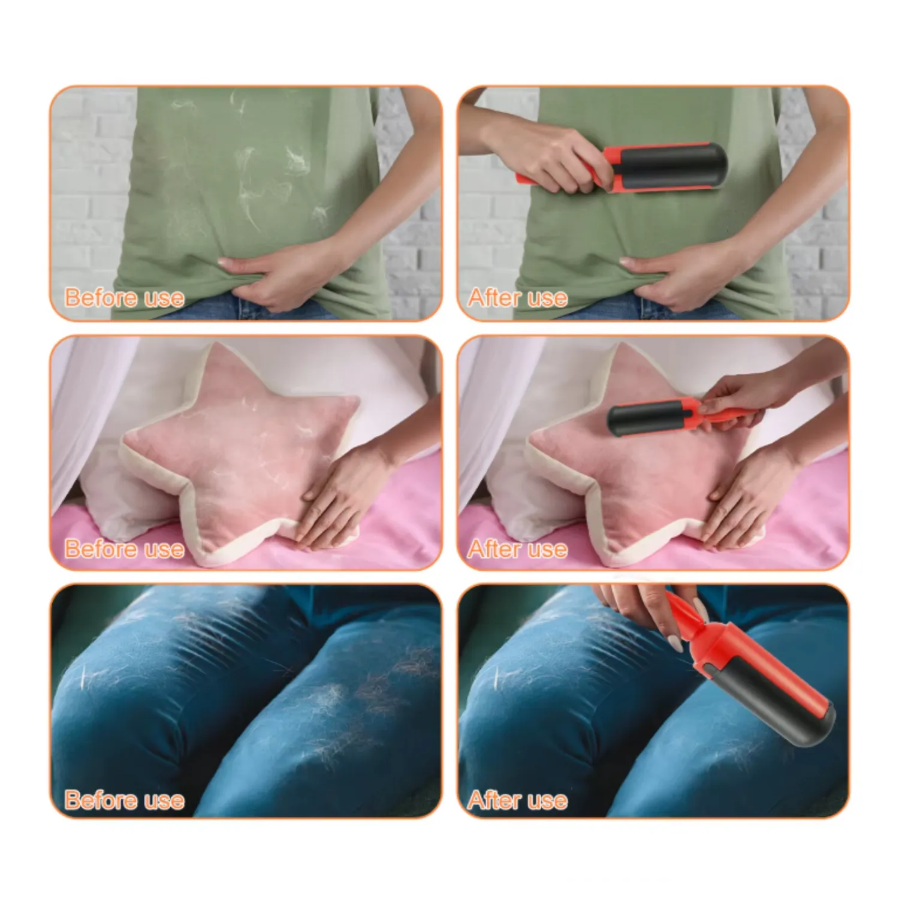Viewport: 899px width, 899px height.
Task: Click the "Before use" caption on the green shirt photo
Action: (124, 298)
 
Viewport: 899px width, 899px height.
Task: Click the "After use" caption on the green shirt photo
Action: (517, 298)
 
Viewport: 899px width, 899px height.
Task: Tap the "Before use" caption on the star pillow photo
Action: (124, 549)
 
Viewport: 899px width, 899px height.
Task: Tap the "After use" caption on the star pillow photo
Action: (517, 549)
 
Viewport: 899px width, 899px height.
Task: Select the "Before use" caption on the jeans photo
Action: (124, 800)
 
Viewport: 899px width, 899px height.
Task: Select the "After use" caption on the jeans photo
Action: (517, 800)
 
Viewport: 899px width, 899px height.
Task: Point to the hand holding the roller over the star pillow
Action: (737, 396)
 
